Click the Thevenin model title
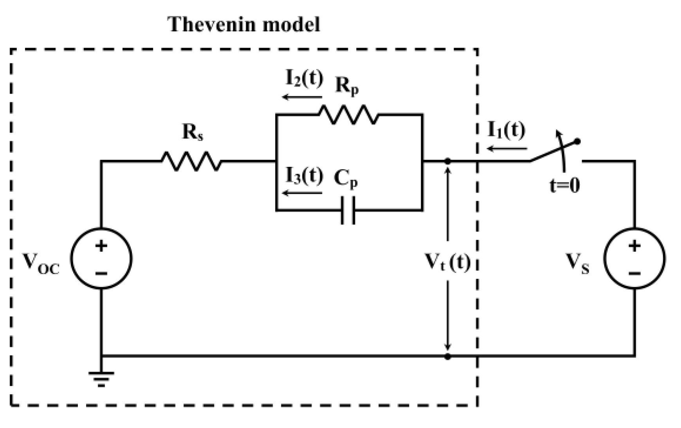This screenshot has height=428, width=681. point(243,24)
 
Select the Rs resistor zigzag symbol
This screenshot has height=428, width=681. point(191,161)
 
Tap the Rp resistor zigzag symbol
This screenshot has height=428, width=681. point(349,114)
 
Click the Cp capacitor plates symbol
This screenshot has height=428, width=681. point(348,211)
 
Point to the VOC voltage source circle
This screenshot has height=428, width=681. point(101,258)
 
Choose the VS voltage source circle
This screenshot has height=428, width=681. point(634,258)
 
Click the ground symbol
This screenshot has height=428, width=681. point(101,378)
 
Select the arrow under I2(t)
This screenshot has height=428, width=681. point(302,97)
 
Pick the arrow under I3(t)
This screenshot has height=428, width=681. point(302,193)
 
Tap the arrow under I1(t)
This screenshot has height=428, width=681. point(507,148)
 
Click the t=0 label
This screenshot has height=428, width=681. point(564,185)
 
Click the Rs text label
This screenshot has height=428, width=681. point(193,132)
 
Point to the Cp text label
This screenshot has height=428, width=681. point(346,178)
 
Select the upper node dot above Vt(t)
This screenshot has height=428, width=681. point(448,161)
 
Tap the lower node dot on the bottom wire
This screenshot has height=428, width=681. point(448,356)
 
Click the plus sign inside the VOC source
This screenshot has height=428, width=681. point(101,246)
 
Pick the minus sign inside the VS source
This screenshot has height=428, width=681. point(634,273)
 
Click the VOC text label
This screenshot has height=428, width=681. point(41,263)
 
